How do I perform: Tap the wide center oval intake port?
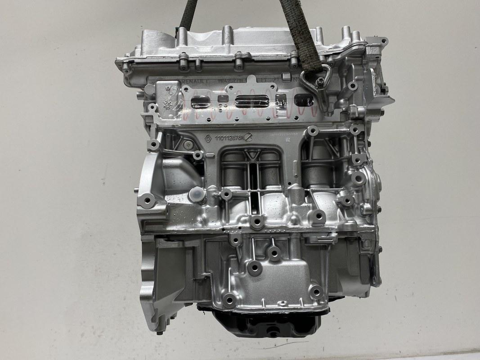pyautogui.click(x=251, y=102)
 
